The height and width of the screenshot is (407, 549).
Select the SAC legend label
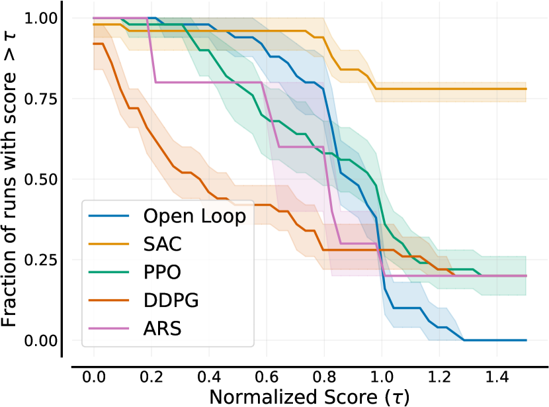pos(161,244)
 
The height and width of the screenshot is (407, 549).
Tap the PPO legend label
pos(162,272)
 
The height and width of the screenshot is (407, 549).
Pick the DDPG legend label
pos(171,300)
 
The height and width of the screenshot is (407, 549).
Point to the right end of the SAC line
pos(526,89)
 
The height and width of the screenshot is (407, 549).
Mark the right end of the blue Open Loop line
pos(526,340)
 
